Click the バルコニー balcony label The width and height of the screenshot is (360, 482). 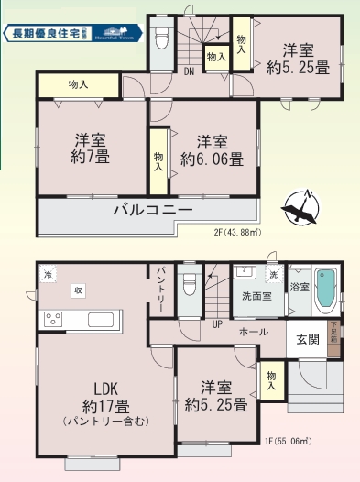[x=152, y=210]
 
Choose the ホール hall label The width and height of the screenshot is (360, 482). [x=253, y=331]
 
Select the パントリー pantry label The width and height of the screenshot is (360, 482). [x=160, y=286]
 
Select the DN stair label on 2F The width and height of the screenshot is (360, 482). [x=189, y=70]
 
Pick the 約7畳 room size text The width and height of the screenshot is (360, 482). [x=91, y=157]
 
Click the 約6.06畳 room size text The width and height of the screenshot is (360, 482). [x=212, y=158]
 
